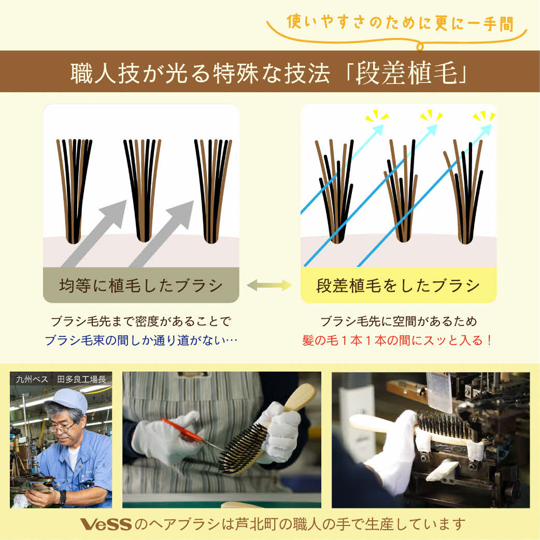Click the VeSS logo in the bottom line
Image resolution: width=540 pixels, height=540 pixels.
[x=106, y=524]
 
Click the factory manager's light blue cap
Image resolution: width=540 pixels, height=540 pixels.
[x=67, y=401]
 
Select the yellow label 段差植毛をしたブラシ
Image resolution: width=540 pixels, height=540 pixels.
[x=398, y=286]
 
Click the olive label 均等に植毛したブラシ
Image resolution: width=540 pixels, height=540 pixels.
[x=140, y=286]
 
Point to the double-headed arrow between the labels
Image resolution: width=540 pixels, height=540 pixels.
[x=269, y=285]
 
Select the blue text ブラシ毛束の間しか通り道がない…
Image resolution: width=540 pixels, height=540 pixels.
[x=141, y=340]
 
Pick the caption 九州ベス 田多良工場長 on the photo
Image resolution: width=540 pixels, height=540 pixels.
[x=61, y=379]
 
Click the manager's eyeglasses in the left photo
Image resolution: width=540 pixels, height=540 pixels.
[x=61, y=428]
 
